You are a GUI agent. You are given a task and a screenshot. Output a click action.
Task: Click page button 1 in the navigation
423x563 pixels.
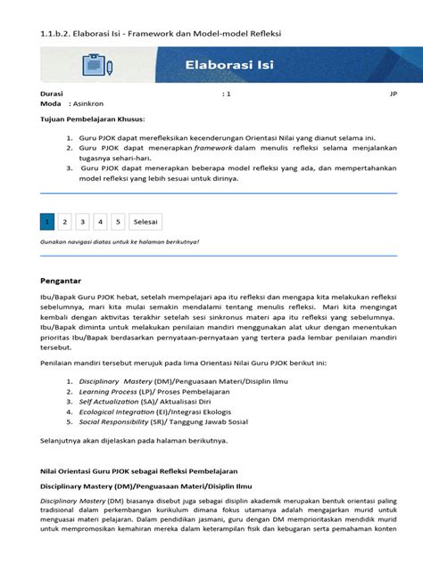48,221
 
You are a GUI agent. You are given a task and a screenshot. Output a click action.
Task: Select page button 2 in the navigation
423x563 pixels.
65,221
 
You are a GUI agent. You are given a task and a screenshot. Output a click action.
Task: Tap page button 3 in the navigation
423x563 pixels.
82,221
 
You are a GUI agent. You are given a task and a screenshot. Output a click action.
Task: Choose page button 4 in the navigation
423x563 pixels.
100,221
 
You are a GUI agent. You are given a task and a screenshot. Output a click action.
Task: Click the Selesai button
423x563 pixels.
145,221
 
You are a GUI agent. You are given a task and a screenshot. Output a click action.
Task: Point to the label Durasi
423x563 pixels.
52,93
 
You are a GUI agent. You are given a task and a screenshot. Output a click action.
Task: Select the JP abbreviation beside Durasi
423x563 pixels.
393,93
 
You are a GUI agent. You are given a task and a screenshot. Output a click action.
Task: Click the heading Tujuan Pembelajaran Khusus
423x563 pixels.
93,118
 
